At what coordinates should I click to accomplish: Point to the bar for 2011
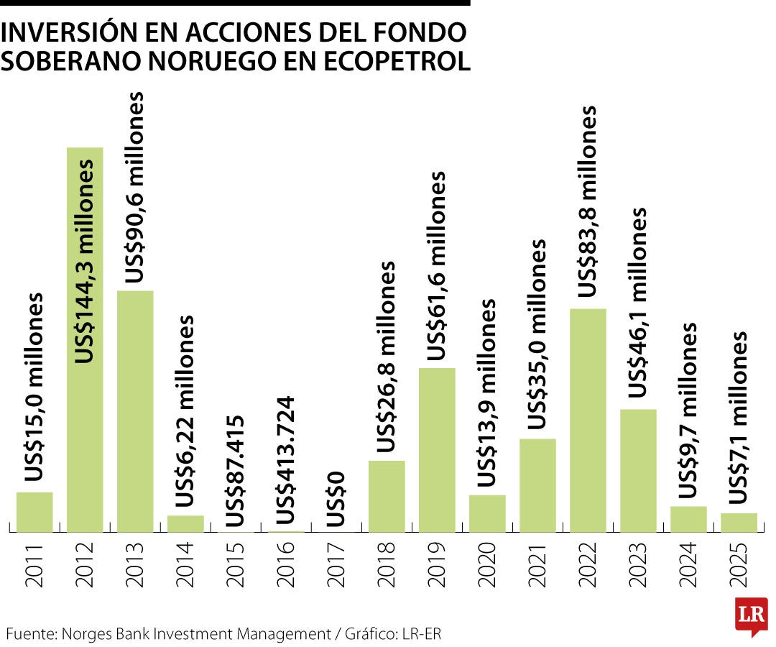click(x=34, y=512)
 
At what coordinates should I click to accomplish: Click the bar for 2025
click(x=739, y=523)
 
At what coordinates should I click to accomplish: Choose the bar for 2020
click(x=487, y=513)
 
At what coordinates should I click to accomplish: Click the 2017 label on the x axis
click(x=336, y=568)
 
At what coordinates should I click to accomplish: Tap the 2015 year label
click(x=236, y=568)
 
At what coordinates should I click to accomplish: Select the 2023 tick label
click(x=638, y=568)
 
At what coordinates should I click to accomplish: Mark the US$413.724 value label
click(x=286, y=460)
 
